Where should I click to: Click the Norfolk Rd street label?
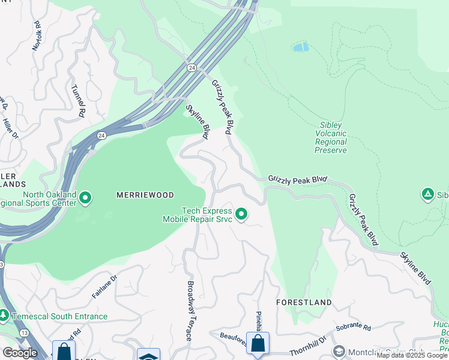coord(38,35)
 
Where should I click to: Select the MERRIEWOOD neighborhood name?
coord(145,195)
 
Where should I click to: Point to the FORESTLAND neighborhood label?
coord(304,302)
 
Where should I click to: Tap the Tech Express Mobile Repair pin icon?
coord(241,214)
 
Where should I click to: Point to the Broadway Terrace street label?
coord(190,311)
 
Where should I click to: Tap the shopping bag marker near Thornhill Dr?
coord(258,344)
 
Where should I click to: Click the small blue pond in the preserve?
coord(301,46)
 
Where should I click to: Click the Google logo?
coord(20,353)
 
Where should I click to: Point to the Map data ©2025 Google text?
coord(412,355)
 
